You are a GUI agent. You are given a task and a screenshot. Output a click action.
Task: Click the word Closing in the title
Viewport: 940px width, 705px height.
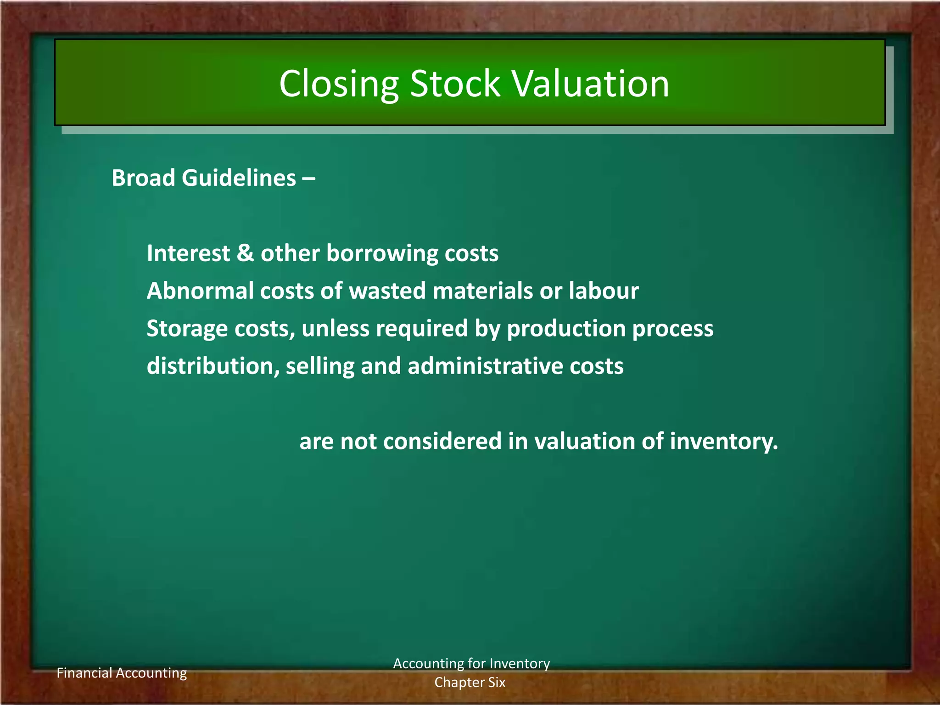coord(339,84)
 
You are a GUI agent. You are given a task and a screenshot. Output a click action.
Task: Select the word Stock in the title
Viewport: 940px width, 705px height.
coord(454,84)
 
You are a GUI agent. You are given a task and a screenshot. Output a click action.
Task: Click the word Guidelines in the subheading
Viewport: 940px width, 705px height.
coord(239,178)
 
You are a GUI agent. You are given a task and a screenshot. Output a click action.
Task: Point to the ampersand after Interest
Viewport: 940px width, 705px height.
coord(245,253)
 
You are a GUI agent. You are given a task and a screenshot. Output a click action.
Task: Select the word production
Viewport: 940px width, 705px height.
coord(566,329)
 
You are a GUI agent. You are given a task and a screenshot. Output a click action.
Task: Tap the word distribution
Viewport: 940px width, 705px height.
coord(210,366)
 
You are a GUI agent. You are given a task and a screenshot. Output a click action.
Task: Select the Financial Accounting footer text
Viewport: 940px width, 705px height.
coord(122,673)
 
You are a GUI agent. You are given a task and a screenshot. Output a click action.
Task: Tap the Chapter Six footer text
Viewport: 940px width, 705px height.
coord(470,683)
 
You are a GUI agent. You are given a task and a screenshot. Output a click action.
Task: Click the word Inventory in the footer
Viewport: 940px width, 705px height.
coord(520,664)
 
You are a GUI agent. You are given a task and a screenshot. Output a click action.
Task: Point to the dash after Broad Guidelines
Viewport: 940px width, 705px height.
coord(309,179)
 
